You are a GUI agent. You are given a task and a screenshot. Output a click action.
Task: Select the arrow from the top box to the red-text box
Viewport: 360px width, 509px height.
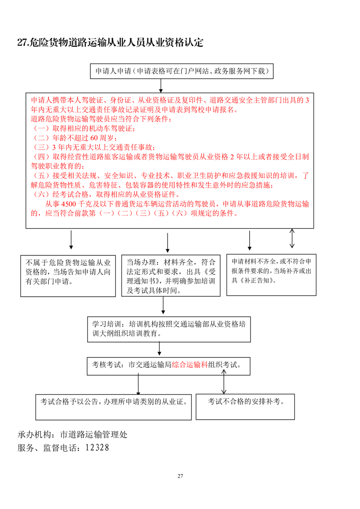161,84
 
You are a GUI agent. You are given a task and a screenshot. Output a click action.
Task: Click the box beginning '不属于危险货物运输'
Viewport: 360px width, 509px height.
69,276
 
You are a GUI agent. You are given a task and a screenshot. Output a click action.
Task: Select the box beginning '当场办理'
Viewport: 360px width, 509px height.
171,276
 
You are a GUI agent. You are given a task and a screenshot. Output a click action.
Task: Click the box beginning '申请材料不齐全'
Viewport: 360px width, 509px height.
271,274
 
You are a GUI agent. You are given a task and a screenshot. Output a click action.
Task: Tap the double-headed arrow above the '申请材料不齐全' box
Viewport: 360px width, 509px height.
292,238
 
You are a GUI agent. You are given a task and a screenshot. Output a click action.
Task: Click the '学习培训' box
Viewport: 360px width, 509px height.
169,329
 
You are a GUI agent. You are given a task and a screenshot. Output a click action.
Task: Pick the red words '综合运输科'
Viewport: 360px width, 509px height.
190,364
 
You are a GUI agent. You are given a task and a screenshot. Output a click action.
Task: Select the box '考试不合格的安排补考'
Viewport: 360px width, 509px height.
246,406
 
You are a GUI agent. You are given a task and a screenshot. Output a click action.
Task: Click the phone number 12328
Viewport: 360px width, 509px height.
95,448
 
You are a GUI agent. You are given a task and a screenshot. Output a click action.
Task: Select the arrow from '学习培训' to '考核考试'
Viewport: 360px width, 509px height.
159,349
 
